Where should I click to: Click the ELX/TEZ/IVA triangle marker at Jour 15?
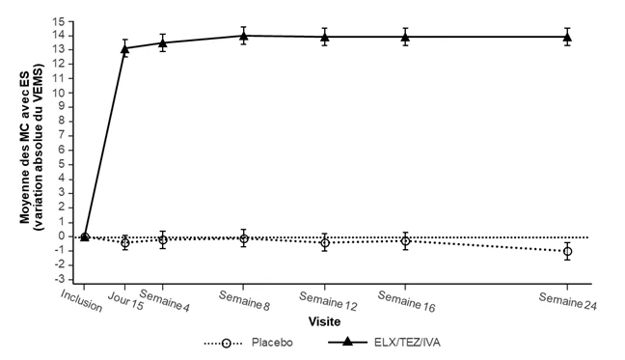tap(124, 48)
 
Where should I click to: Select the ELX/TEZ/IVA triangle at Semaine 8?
tap(244, 36)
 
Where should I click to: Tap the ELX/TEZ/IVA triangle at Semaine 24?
tap(567, 38)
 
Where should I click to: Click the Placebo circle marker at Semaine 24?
tap(567, 252)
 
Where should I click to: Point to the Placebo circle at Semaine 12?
tap(325, 243)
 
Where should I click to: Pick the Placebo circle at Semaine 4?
tap(163, 240)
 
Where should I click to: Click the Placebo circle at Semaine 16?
tap(405, 241)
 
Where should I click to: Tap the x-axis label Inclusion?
tap(81, 300)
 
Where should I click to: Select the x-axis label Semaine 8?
tap(244, 300)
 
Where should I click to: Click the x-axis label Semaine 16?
tap(407, 301)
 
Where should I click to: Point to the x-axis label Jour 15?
tap(125, 300)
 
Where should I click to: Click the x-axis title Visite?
tap(324, 321)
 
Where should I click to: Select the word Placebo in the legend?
tap(272, 343)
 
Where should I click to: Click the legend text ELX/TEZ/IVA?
tap(407, 343)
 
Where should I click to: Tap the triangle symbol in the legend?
tap(347, 342)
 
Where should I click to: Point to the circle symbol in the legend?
tap(226, 343)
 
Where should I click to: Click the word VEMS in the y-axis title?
tap(40, 78)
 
